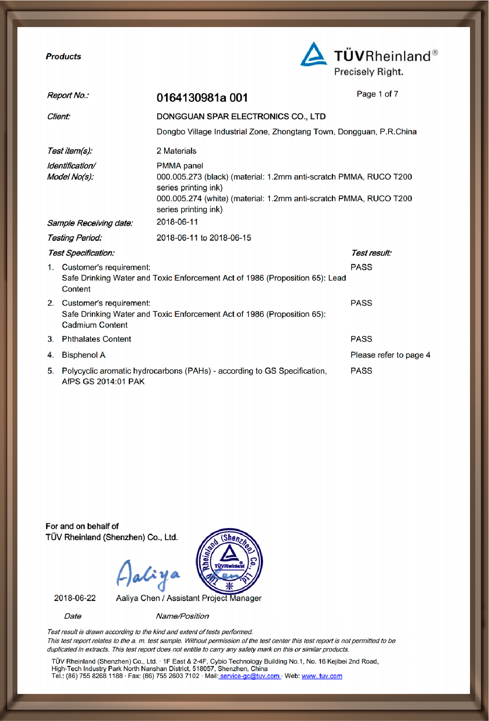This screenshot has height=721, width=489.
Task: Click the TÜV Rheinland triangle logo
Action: (313, 54)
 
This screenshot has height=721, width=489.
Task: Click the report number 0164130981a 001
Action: (202, 98)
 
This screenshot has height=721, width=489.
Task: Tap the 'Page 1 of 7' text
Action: (377, 94)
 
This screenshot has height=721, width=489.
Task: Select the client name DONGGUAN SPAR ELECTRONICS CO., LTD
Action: (241, 117)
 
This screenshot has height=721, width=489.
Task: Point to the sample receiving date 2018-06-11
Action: (177, 222)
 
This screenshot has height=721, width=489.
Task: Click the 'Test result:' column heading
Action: (371, 253)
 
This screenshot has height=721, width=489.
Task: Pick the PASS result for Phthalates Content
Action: (361, 339)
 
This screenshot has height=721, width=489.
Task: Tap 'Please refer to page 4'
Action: (390, 355)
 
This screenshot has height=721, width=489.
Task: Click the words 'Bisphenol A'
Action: (84, 355)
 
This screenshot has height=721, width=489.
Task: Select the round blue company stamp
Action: (229, 561)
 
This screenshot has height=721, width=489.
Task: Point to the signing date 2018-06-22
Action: (75, 598)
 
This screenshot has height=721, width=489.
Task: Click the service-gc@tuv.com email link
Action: (250, 676)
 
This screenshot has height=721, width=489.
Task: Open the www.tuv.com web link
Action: (322, 676)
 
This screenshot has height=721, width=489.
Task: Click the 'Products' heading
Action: (63, 56)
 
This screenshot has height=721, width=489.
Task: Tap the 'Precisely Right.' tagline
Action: (368, 72)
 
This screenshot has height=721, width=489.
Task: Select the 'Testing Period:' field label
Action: (75, 238)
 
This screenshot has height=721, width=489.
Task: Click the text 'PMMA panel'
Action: (180, 166)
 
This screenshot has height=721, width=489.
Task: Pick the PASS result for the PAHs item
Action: (361, 371)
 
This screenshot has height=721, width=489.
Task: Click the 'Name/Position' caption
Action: (182, 616)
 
